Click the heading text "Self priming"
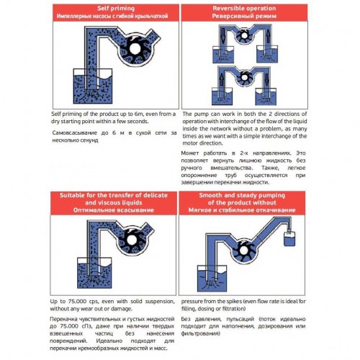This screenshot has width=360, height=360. (x=89, y=6)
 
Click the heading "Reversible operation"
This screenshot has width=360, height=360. (x=269, y=6)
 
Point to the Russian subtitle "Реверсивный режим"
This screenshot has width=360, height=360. (x=269, y=14)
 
